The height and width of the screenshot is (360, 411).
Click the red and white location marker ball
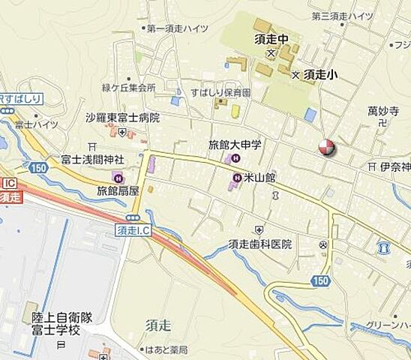pyautogui.click(x=326, y=148)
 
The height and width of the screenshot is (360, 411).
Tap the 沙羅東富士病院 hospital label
pyautogui.click(x=122, y=118)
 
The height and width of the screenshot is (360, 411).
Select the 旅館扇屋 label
pyautogui.click(x=118, y=191)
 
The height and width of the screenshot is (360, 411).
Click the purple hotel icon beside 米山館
pyautogui.click(x=237, y=178)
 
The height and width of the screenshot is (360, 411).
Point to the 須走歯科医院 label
pyautogui.click(x=260, y=244)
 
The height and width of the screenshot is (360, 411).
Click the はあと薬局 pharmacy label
pyautogui.click(x=167, y=349)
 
